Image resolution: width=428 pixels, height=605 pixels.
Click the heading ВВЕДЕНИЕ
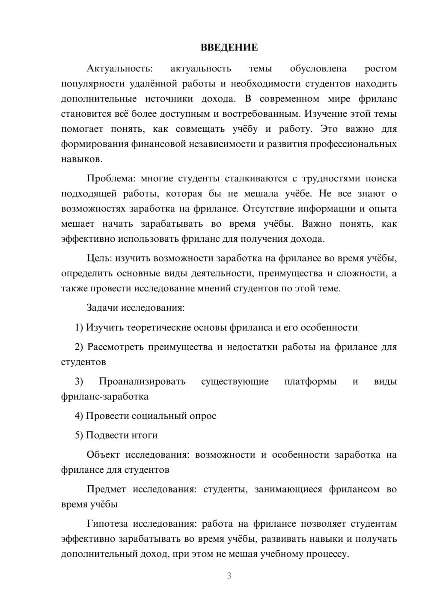[x=229, y=47]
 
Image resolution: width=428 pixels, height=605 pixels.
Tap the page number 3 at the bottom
[x=229, y=576]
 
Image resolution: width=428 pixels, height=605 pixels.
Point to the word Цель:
[x=99, y=258]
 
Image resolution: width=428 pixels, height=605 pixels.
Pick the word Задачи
[x=103, y=308]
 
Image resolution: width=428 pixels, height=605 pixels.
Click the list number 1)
[x=79, y=328]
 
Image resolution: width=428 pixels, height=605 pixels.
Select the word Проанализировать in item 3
[x=142, y=381]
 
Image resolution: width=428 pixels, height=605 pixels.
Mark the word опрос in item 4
[x=202, y=416]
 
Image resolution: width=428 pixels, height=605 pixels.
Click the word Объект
[x=103, y=454]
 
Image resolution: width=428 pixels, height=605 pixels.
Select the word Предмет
[x=106, y=489]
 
